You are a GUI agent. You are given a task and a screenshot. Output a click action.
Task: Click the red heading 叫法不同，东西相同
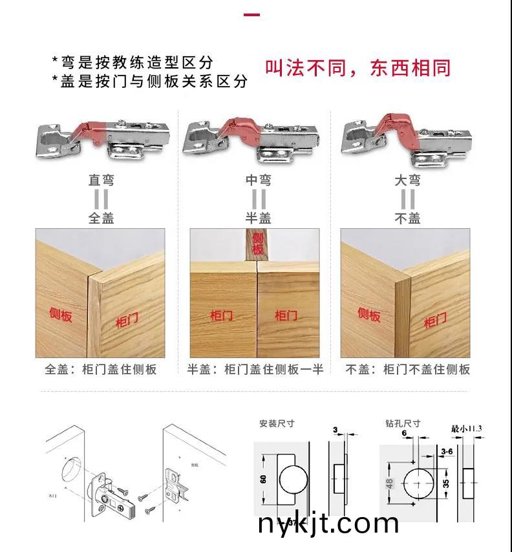(357, 69)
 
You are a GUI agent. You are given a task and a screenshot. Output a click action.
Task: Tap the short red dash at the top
(252, 14)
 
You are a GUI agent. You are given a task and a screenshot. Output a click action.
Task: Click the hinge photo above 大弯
(405, 136)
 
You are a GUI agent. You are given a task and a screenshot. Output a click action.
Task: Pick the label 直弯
(101, 180)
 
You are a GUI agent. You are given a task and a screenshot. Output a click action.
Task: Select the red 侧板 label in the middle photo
(257, 244)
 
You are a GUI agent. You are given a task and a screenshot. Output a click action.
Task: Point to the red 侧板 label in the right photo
(368, 314)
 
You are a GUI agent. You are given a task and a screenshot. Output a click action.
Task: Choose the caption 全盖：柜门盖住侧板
(101, 370)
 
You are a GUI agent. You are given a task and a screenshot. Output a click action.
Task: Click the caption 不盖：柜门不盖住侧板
(407, 370)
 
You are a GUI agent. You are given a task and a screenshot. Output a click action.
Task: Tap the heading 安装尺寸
(277, 423)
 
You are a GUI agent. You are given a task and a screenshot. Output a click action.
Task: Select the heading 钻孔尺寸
(402, 423)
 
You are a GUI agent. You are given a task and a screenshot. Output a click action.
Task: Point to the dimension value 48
(390, 483)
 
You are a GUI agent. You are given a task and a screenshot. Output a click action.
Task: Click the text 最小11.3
(466, 428)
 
